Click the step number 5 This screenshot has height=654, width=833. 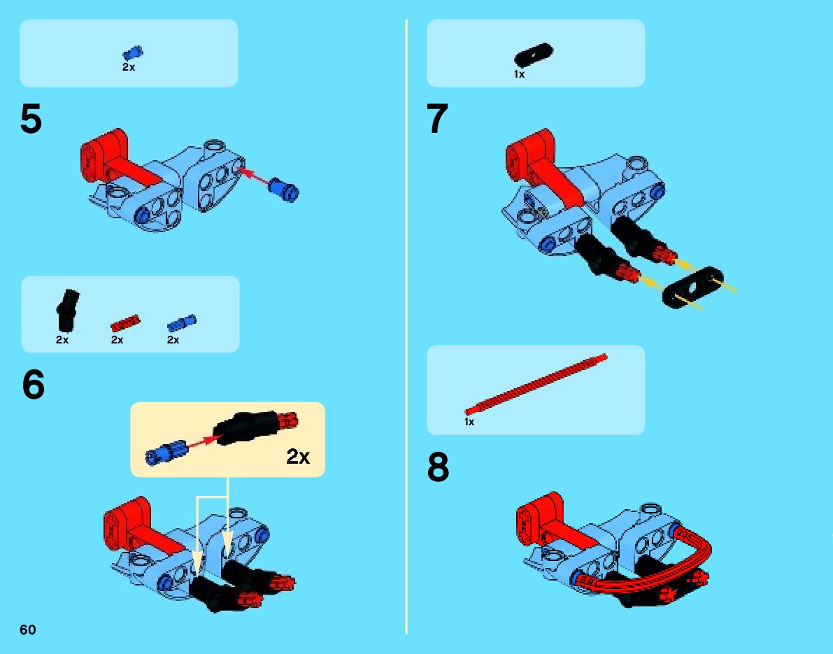coord(31,119)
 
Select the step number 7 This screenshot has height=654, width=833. coord(437,119)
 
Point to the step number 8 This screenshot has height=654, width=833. coord(438,467)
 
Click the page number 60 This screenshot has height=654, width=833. coord(27,630)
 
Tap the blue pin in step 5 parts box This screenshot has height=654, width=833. coord(133,52)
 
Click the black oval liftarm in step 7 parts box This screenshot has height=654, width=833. coord(534,55)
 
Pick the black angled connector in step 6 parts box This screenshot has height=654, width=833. coord(67,311)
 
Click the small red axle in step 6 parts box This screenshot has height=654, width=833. coord(124,322)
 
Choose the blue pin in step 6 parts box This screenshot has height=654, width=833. coord(182,323)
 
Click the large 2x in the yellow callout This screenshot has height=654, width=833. coord(298,456)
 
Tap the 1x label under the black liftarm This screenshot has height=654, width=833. coord(519,74)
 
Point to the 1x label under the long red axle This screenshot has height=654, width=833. coord(469,422)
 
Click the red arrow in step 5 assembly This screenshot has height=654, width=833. coord(253,177)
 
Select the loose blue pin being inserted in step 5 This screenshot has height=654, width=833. coord(284,189)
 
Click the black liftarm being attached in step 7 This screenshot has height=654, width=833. coord(692,287)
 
